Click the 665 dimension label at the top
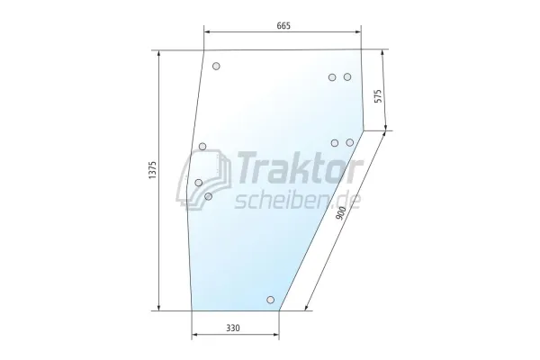283,25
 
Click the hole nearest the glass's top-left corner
216,66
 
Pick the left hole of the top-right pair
333,77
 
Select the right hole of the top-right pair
347,77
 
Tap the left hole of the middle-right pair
335,142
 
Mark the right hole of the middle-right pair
350,142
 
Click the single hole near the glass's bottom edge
270,300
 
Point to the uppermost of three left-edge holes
202,146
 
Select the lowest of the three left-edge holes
208,195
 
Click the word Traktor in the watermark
298,167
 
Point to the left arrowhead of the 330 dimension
194,338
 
